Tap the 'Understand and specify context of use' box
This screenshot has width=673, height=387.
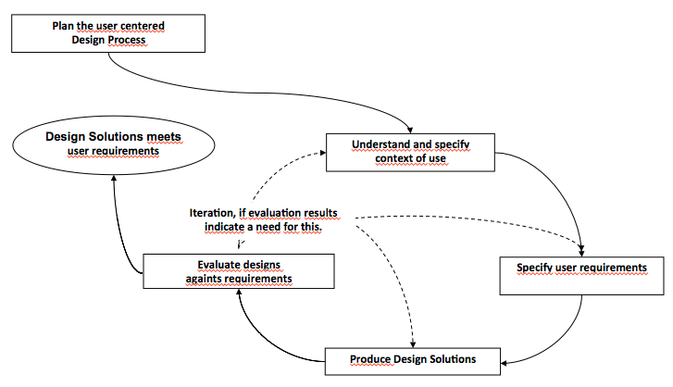(x=412, y=152)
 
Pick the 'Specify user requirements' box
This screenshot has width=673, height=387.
(x=580, y=275)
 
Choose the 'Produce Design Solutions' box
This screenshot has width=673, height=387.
(x=412, y=358)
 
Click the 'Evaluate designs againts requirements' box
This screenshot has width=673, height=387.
(x=239, y=270)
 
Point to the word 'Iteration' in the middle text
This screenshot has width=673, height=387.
(x=214, y=212)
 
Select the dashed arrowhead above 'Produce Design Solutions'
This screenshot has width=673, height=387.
(x=411, y=342)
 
